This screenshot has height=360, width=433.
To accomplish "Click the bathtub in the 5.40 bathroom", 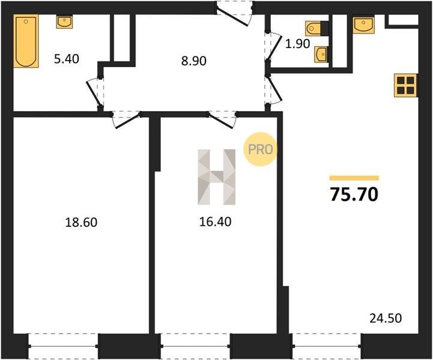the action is [26, 41].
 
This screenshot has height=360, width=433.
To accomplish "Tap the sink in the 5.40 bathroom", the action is [65, 22].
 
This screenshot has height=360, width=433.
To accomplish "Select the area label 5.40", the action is [67, 59].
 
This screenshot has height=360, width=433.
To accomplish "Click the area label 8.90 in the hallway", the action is [194, 61].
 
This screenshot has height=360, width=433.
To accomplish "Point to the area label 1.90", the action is [297, 44].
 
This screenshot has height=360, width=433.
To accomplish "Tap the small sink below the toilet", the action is [321, 55].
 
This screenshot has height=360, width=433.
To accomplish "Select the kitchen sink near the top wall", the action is [363, 24].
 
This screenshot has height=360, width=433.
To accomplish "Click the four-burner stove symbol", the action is [405, 86].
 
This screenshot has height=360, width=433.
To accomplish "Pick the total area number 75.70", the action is [354, 194].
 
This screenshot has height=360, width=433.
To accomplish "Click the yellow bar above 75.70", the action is [354, 178].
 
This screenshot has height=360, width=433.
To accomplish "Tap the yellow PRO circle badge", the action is [260, 149].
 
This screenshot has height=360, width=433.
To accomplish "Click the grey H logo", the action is [216, 177].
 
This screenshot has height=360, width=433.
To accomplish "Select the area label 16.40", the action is [215, 222].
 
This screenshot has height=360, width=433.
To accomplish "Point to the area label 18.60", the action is [81, 223].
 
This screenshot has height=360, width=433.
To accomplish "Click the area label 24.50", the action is [386, 318].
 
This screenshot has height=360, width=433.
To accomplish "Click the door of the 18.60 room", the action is [126, 119].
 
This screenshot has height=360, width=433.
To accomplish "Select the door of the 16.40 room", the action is [222, 119].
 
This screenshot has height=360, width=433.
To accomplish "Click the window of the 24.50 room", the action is [327, 346].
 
